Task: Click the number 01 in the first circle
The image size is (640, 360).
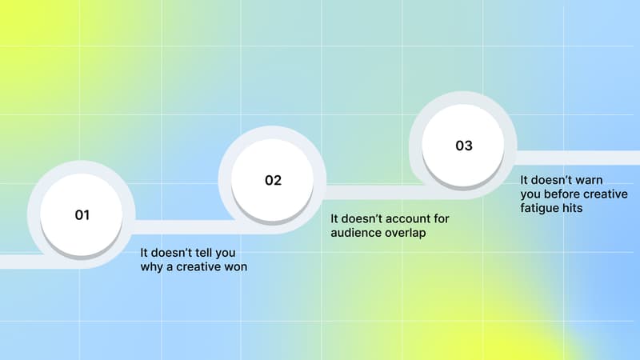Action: tap(82, 215)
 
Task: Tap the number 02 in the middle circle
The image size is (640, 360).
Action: tap(273, 180)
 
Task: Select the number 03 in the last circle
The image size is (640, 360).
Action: tap(464, 146)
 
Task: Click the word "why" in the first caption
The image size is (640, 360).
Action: tap(151, 267)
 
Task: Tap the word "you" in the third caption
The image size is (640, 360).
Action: tap(530, 194)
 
